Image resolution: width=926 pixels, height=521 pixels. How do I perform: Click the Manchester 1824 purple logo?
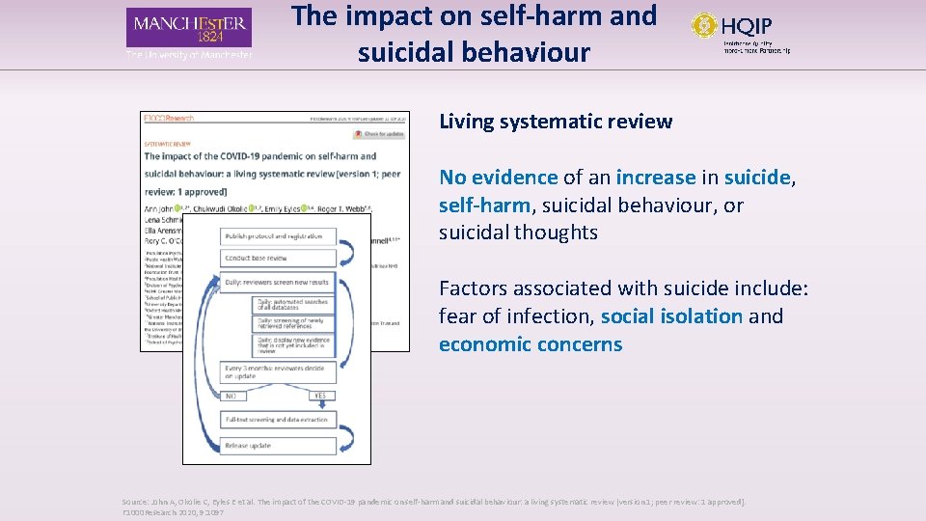(189, 28)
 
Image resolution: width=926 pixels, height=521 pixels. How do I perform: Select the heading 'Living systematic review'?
(556, 122)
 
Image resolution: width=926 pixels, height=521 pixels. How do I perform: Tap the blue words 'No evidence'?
(498, 178)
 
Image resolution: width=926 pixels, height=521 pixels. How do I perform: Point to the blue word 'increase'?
(655, 178)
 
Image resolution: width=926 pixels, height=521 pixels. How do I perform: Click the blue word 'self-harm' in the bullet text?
(483, 206)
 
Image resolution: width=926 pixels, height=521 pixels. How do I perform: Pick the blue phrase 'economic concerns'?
(531, 344)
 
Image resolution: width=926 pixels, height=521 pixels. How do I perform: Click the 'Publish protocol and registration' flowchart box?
(278, 236)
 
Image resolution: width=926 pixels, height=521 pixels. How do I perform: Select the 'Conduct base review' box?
(278, 258)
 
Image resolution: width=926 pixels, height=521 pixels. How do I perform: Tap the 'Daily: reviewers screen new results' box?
(278, 283)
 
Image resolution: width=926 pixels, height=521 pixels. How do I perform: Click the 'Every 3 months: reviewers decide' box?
(278, 371)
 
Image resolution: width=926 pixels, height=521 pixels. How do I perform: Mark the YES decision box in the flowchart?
(322, 396)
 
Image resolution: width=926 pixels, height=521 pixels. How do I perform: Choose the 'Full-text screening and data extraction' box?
(278, 420)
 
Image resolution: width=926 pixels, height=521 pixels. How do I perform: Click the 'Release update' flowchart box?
(278, 446)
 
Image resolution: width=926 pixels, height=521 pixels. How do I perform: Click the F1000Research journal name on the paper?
(170, 119)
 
